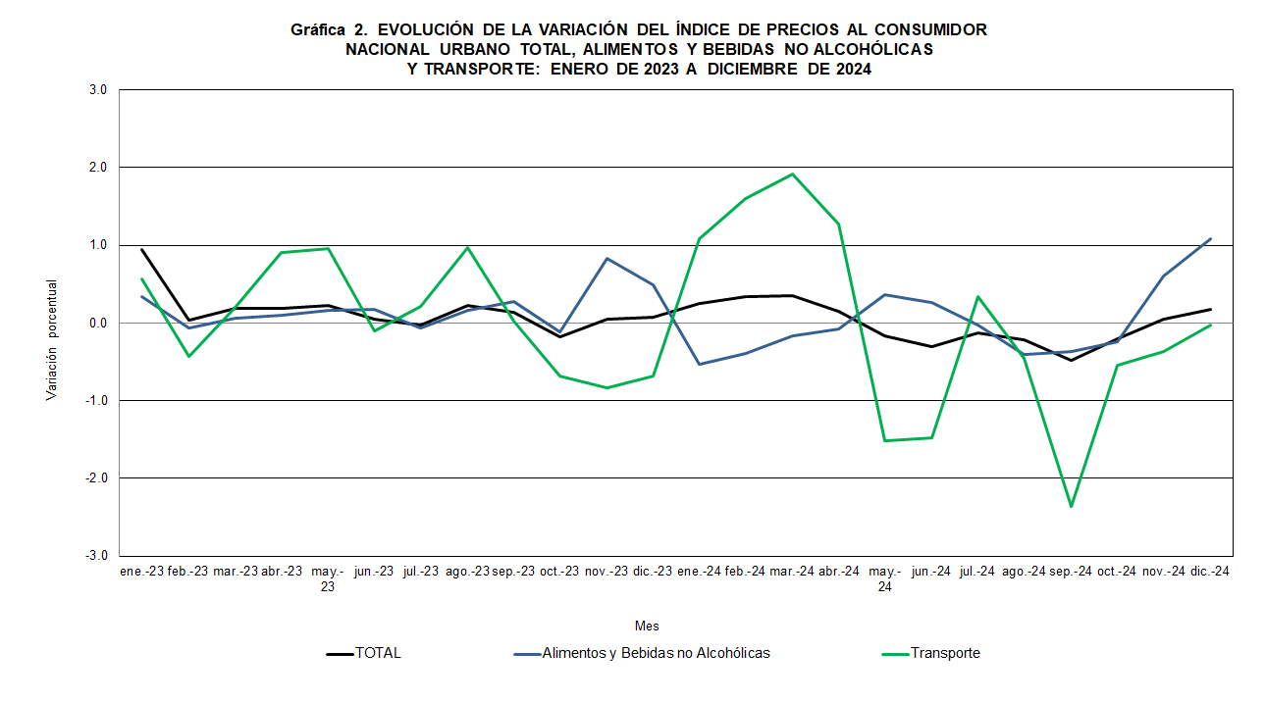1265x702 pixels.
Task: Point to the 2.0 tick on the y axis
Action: coord(98,168)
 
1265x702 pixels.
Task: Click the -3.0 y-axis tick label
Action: coord(96,556)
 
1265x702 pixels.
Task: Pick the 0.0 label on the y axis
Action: coord(98,323)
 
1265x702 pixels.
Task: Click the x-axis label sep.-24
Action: coord(1070,571)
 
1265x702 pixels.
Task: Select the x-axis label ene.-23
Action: coord(142,571)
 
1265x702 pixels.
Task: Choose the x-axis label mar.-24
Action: coord(792,571)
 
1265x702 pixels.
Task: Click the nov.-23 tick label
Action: coord(606,571)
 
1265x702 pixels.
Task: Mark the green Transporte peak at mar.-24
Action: coord(792,175)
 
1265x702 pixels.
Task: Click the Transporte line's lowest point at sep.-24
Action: coord(1071,506)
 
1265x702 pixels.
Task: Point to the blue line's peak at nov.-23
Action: coord(606,259)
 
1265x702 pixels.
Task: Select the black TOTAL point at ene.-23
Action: coord(142,249)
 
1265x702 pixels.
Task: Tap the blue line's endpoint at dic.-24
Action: coord(1210,238)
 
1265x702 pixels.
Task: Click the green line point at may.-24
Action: coord(885,440)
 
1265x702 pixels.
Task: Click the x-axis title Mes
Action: coord(647,626)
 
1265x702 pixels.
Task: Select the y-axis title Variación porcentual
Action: coord(51,339)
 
